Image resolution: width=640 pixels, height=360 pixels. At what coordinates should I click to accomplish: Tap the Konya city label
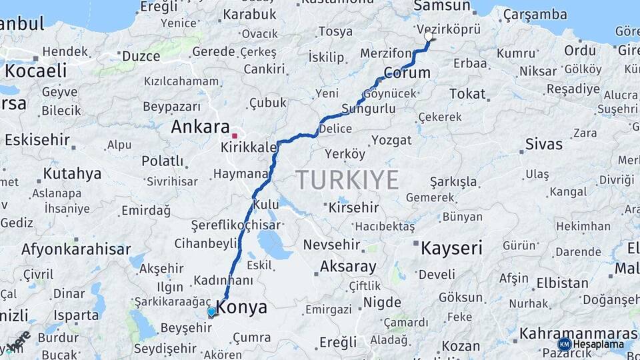[x=242, y=307]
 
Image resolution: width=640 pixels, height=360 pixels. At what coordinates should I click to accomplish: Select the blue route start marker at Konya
[x=211, y=311]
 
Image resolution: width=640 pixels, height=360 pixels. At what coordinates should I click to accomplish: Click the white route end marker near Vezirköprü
[x=429, y=38]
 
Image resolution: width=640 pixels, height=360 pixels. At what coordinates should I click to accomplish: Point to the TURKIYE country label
[x=347, y=179]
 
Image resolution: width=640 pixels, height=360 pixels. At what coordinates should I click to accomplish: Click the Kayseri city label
[x=451, y=249]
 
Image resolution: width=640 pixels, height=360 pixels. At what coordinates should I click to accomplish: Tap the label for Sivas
[x=543, y=143]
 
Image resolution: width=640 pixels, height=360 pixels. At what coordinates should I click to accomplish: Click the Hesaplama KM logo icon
[x=564, y=344]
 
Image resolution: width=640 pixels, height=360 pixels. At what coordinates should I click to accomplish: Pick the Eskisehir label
[x=37, y=139]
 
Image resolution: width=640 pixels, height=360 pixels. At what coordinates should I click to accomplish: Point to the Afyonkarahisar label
[x=76, y=249]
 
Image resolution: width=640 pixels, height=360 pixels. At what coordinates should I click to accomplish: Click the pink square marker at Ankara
[x=235, y=136]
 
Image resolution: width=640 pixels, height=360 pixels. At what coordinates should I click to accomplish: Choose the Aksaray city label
[x=348, y=267]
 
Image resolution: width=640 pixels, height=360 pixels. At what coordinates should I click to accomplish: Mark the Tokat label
[x=467, y=94]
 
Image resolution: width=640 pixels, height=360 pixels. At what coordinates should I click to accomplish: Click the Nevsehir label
[x=332, y=245]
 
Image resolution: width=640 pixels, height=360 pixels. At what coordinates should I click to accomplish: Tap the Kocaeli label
[x=36, y=71]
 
